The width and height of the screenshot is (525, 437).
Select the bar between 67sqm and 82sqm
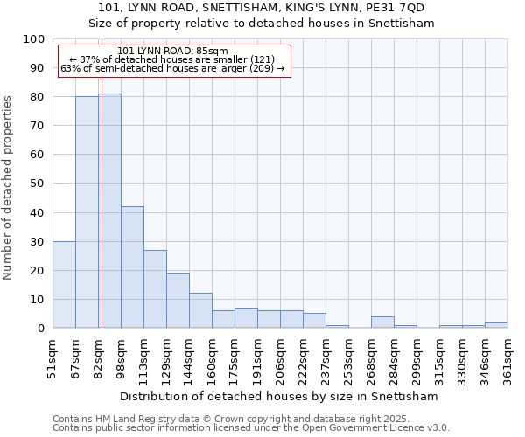point(87,212)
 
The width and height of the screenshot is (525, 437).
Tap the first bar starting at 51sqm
point(64,284)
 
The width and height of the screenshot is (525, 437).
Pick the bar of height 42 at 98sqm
point(132,267)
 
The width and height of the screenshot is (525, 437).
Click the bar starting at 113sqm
point(155,288)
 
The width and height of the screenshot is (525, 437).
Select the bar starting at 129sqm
point(178,300)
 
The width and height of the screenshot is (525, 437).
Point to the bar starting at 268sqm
point(382,322)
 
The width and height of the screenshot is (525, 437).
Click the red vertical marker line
point(101,218)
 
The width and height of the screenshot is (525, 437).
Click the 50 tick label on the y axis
point(38,184)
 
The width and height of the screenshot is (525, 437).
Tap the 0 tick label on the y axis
point(41,328)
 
